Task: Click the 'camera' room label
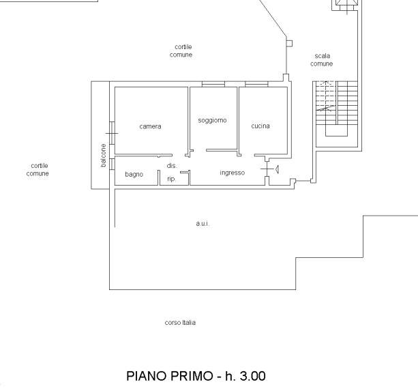point(150,126)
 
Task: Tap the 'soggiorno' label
point(212,121)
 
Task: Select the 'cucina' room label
point(260,126)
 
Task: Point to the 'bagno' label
point(134,175)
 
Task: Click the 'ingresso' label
point(233,173)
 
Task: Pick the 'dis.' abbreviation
point(172,166)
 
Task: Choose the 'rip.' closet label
point(171,179)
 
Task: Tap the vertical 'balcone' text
point(104,156)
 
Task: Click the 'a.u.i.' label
point(203,224)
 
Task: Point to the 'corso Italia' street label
point(180,323)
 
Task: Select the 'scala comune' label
point(322,60)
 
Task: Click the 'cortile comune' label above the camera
point(181,50)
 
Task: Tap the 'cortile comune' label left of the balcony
point(38,170)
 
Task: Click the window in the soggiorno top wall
point(213,85)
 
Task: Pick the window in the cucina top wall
point(256,85)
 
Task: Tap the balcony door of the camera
point(112,133)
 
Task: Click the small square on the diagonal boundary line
point(289,44)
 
